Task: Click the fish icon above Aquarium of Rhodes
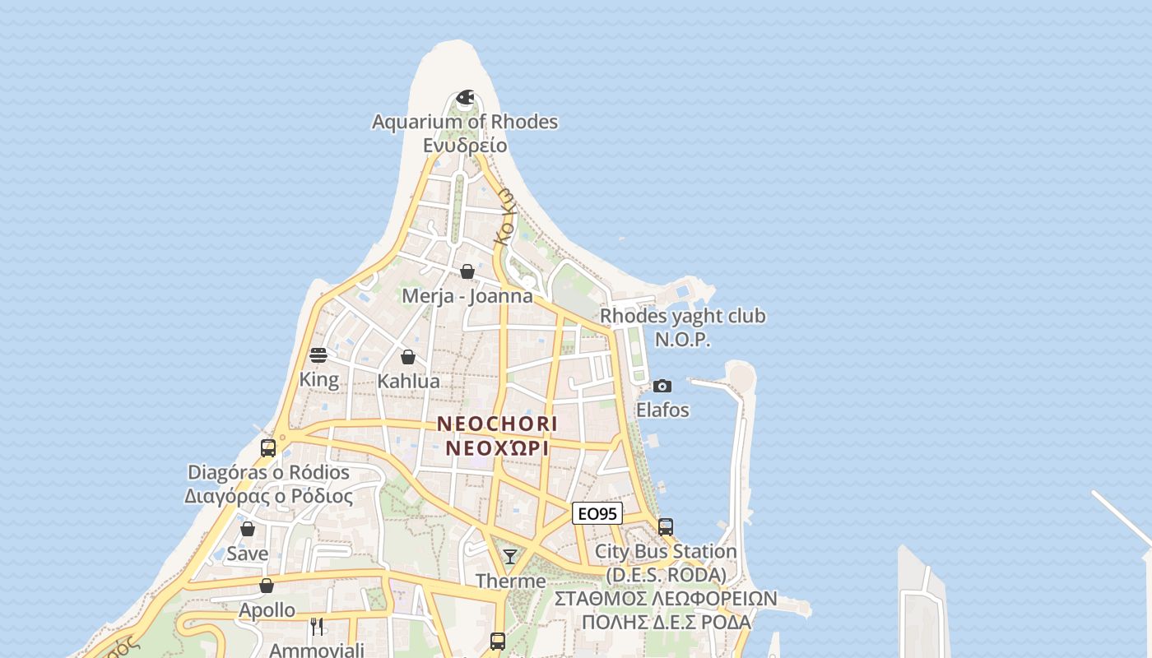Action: pos(465,98)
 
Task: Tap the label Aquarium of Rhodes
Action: pos(465,122)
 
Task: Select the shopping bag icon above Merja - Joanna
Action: pos(467,271)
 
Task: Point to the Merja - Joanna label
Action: pos(467,296)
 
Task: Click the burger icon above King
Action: pos(318,355)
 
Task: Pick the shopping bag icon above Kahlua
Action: pos(408,357)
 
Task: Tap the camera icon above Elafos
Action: pos(662,386)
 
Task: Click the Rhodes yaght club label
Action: pos(683,316)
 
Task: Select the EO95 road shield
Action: pos(597,514)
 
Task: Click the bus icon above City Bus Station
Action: pos(666,526)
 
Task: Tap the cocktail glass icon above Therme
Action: pos(510,557)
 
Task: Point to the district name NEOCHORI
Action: pos(497,424)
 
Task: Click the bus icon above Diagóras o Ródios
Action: pos(268,448)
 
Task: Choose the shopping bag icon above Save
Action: pos(248,529)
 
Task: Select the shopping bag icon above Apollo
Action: pos(267,586)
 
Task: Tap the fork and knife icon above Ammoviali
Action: pos(317,627)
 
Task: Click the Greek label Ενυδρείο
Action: pos(465,146)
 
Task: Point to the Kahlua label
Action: pos(408,382)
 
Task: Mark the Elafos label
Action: pos(662,410)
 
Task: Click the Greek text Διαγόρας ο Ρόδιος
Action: pos(268,497)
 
